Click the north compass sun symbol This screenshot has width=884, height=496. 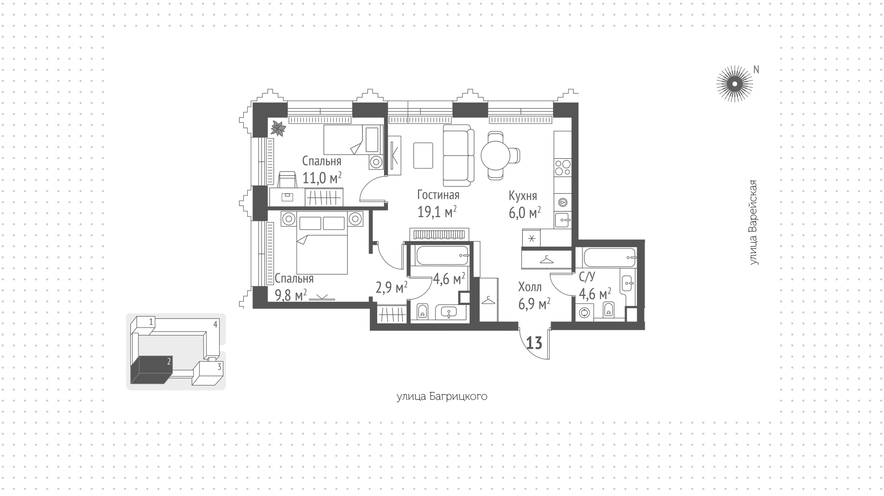pyautogui.click(x=734, y=84)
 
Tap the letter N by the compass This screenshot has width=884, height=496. pyautogui.click(x=756, y=69)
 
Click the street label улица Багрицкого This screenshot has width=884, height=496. pyautogui.click(x=442, y=397)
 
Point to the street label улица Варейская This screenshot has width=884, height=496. pyautogui.click(x=753, y=223)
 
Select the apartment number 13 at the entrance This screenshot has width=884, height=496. pyautogui.click(x=534, y=343)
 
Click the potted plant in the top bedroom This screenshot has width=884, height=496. pyautogui.click(x=278, y=128)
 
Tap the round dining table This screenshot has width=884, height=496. pyautogui.click(x=495, y=156)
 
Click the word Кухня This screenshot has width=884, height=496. pyautogui.click(x=523, y=196)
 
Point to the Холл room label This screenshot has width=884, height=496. pyautogui.click(x=529, y=287)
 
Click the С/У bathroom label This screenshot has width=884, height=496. pyautogui.click(x=587, y=277)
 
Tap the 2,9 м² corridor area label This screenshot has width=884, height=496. pyautogui.click(x=391, y=288)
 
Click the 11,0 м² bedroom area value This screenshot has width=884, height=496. pyautogui.click(x=322, y=178)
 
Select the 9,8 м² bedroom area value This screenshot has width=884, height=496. pyautogui.click(x=291, y=295)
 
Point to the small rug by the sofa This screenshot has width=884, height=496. pyautogui.click(x=423, y=156)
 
